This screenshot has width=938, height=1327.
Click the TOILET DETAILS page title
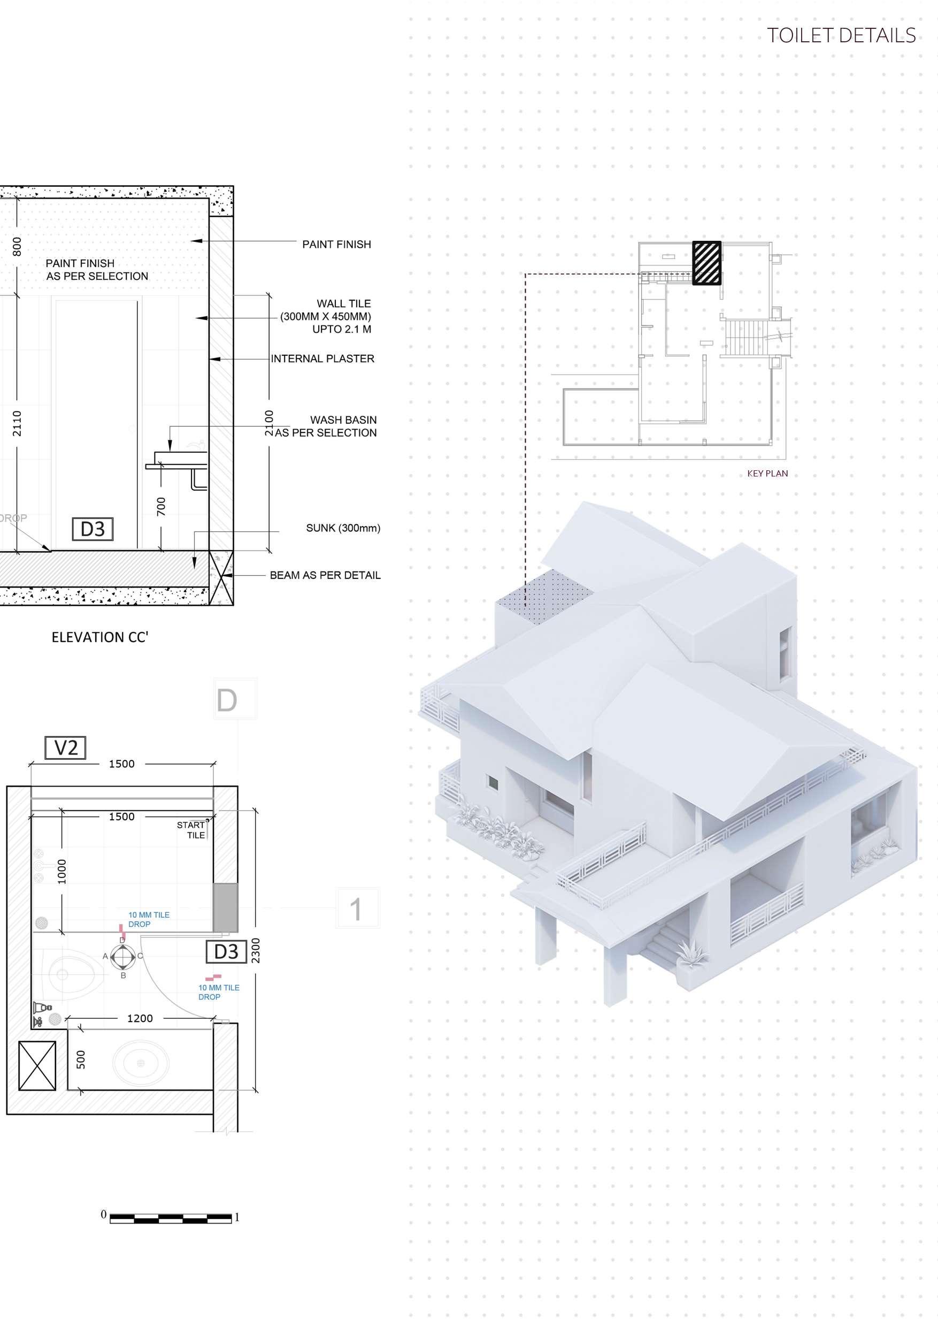click(841, 36)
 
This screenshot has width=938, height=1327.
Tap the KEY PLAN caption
click(767, 474)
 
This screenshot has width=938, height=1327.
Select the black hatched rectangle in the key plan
click(707, 263)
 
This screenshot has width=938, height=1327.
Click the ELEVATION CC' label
click(100, 637)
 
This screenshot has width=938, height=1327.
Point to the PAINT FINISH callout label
click(337, 245)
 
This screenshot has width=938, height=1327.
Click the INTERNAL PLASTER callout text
click(322, 359)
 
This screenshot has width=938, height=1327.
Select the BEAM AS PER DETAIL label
click(325, 575)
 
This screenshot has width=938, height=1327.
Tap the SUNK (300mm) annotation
click(343, 528)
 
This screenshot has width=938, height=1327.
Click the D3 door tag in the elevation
click(93, 529)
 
